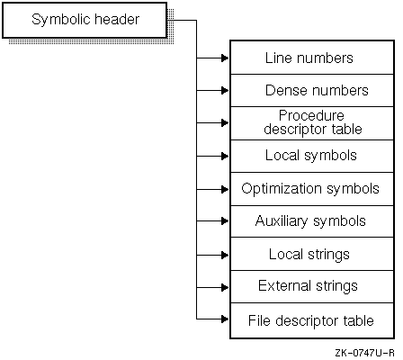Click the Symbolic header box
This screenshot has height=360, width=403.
coord(85,20)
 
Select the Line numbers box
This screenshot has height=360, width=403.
coord(312,58)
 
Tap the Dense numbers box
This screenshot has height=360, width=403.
coord(312,90)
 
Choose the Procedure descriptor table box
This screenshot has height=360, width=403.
coord(312,123)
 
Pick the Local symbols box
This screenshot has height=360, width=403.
coord(312,156)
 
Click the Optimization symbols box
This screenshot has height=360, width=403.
coord(312,189)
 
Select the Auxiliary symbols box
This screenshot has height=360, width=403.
coord(312,221)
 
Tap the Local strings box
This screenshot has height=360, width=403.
coord(312,254)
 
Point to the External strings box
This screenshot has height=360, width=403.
coord(312,286)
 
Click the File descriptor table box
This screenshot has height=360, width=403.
coord(312,320)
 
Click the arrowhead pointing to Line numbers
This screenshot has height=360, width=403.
coord(225,58)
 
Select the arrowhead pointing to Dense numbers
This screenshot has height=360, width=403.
coord(225,90)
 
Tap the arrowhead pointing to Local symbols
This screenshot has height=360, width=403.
coord(225,156)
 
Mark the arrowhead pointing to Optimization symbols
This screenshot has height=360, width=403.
coord(225,189)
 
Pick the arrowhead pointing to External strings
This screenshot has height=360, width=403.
coord(225,287)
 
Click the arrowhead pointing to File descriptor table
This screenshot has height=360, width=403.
coord(225,319)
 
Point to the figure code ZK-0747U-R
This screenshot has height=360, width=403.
coord(364,353)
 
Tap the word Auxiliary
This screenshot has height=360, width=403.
coord(282,222)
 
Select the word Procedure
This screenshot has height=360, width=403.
coord(311,116)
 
